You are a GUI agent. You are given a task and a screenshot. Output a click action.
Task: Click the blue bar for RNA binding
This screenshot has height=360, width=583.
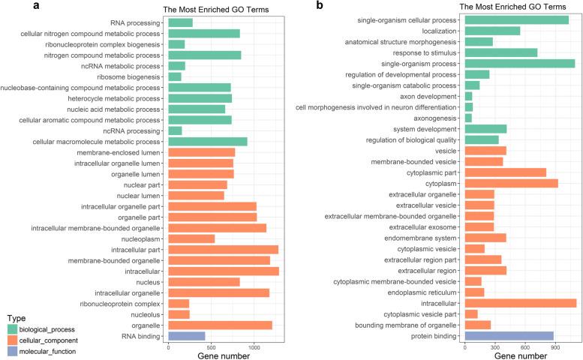pos(186,336)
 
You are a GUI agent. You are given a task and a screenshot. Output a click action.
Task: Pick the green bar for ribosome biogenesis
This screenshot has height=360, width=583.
pos(175,76)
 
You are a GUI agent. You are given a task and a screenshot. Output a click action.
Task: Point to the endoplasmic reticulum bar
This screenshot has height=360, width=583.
pos(474,313)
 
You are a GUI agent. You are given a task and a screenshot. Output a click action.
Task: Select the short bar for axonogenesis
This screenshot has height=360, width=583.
pos(468,118)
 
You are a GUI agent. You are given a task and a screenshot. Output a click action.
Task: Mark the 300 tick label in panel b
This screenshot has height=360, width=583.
pos(495,348)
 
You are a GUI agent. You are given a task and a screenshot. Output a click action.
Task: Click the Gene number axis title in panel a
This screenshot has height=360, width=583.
pos(224,355)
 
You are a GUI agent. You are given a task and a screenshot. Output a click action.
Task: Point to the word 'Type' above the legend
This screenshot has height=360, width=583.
pos(17,317)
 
